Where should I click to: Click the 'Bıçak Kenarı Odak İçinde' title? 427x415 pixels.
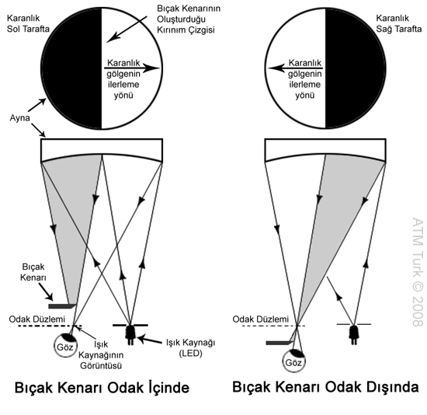tap(102, 388)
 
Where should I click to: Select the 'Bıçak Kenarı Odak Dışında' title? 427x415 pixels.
tap(326, 387)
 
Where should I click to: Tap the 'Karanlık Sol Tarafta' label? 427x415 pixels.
tap(28, 23)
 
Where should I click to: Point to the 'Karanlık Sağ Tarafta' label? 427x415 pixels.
tap(399, 23)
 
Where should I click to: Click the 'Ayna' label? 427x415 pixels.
tap(19, 118)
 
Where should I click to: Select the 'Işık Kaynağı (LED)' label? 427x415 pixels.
tap(191, 347)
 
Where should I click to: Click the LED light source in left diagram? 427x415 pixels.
tap(130, 334)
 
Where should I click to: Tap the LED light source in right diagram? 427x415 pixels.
tap(354, 334)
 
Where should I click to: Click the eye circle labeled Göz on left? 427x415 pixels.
tap(66, 346)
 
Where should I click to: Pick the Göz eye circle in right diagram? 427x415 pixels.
tap(293, 361)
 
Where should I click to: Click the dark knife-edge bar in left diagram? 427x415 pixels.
tap(62, 306)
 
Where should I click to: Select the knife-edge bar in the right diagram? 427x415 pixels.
tap(279, 343)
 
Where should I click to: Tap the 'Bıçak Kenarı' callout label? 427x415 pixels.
tap(33, 272)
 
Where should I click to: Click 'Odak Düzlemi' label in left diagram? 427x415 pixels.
tap(37, 319)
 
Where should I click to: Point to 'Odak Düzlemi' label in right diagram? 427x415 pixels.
tap(261, 319)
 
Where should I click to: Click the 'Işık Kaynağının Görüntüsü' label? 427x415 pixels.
tap(101, 355)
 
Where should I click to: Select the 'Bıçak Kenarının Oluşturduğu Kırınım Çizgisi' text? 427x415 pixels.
tap(189, 19)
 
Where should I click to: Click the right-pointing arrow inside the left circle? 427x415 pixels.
tap(132, 68)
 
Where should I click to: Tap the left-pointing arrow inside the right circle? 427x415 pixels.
tap(295, 68)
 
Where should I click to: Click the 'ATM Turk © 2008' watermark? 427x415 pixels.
tap(418, 272)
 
